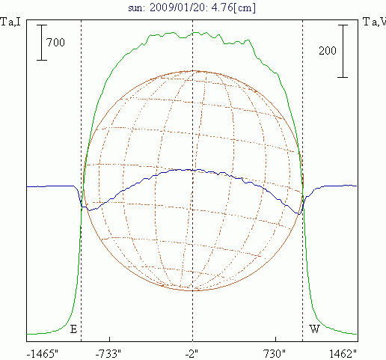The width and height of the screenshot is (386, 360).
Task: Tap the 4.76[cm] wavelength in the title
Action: click(x=233, y=7)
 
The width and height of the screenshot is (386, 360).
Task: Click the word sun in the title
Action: click(x=136, y=8)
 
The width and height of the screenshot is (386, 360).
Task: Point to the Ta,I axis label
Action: click(x=10, y=22)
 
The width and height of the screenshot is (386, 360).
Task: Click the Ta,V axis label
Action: click(x=374, y=22)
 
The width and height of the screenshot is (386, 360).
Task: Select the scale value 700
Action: click(x=55, y=43)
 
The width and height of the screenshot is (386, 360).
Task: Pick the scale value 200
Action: click(x=328, y=51)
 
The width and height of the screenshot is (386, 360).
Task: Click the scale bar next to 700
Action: click(x=42, y=43)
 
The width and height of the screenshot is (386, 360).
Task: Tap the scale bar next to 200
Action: click(x=343, y=51)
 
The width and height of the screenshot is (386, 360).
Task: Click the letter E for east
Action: click(x=73, y=329)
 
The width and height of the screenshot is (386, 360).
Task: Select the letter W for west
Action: click(x=314, y=329)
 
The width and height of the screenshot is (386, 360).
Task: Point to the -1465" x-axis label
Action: click(x=42, y=354)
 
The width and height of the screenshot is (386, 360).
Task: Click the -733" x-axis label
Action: click(x=108, y=354)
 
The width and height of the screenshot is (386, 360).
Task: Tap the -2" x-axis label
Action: click(x=192, y=354)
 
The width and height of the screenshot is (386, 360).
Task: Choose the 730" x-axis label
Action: click(x=275, y=354)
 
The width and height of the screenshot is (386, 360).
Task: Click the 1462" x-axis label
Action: click(x=343, y=354)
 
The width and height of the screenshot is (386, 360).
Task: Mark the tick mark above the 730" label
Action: click(x=275, y=339)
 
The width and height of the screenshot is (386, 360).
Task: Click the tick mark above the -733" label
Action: click(x=110, y=339)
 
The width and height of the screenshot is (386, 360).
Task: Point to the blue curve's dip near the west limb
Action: click(x=298, y=214)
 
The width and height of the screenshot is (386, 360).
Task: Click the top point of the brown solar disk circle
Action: click(x=193, y=71)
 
